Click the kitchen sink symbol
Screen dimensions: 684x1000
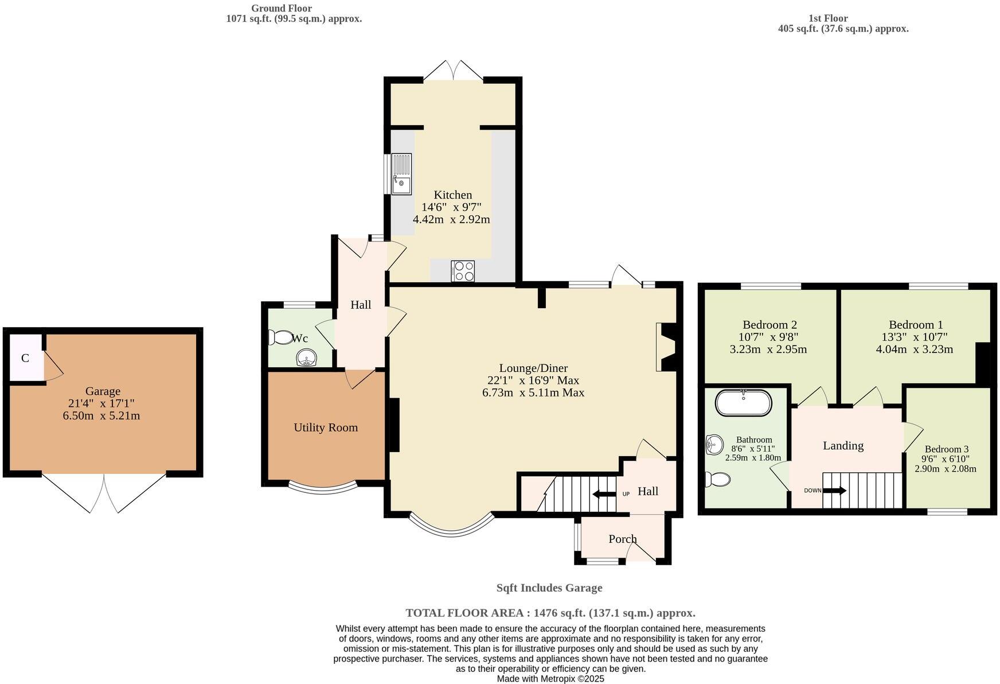coord(401,174)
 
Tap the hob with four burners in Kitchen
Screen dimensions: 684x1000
coord(463,271)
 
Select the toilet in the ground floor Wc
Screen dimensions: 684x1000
coord(280,337)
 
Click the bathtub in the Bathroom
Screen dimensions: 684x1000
coord(743,402)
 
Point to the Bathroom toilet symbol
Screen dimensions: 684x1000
coord(717,479)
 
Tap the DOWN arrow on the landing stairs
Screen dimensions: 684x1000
coord(834,491)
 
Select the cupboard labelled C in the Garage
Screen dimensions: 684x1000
coord(26,357)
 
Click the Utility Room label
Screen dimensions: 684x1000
coord(326,427)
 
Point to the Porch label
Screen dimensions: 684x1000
coord(623,539)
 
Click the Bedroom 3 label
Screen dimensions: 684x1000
coord(947,449)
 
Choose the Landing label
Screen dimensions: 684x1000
coord(843,446)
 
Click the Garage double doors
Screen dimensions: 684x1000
coord(104,493)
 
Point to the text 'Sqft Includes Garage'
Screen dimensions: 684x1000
coord(549,588)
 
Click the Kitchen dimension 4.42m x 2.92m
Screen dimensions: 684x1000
coord(451,219)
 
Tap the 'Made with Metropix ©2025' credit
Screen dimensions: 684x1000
coord(550,678)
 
